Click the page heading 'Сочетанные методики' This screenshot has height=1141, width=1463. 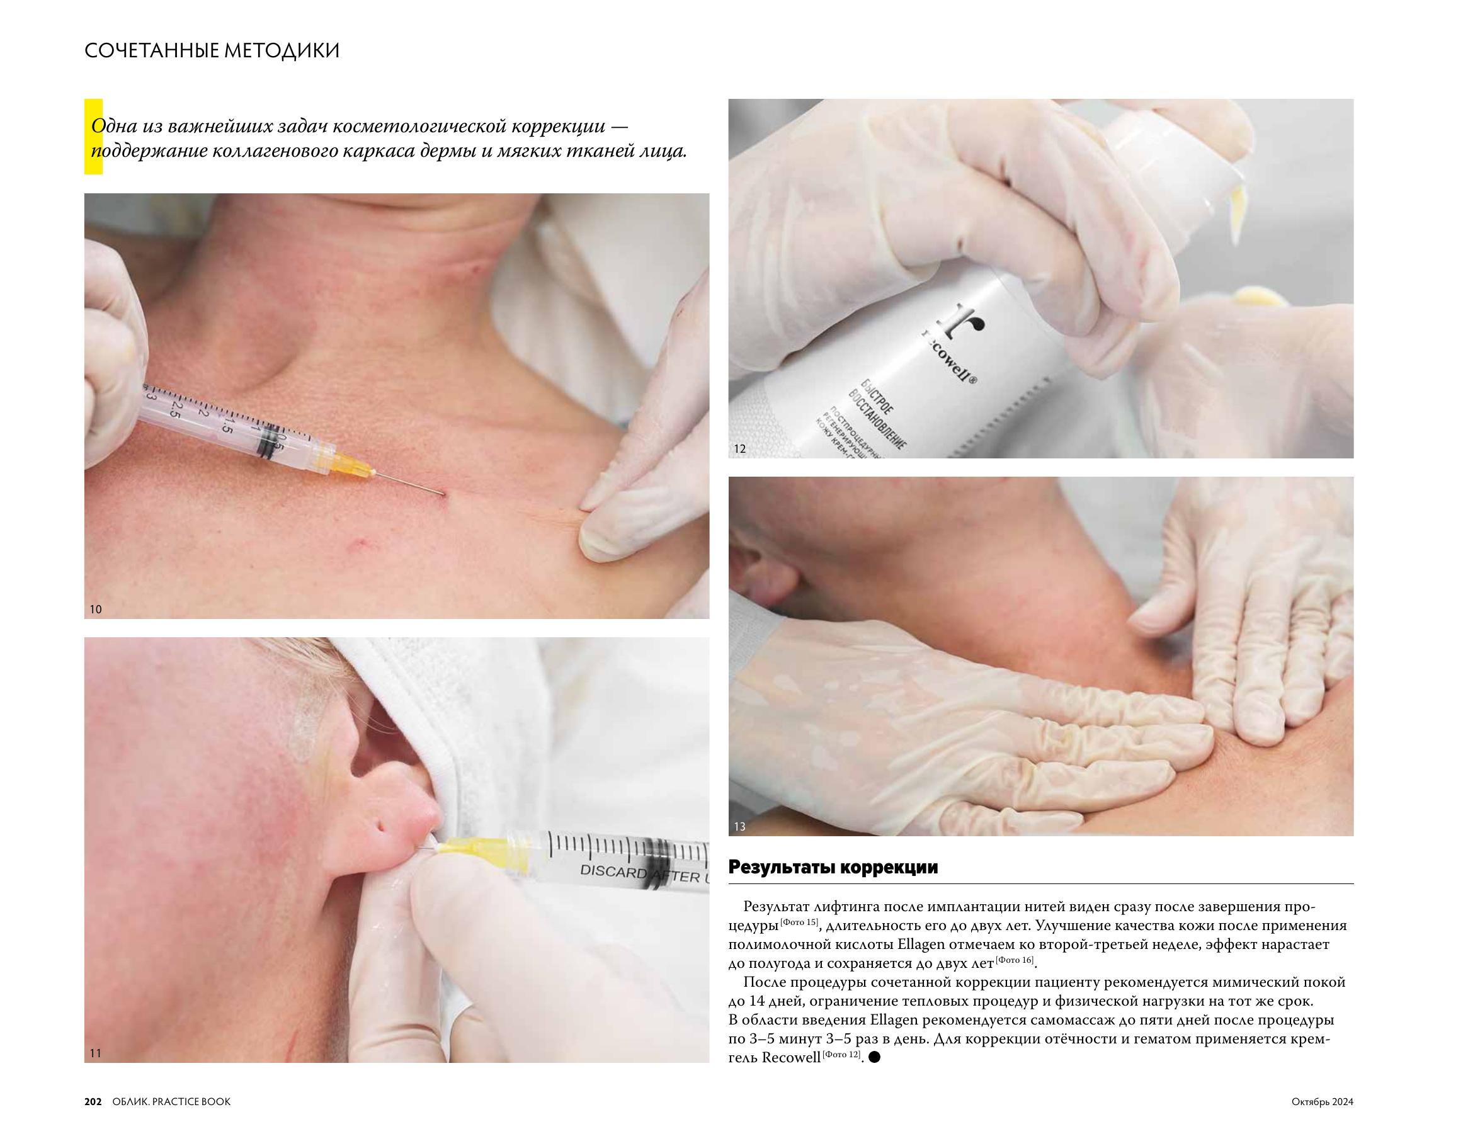click(212, 51)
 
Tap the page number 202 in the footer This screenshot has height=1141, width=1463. click(93, 1101)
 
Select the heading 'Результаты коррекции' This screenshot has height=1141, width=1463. click(833, 868)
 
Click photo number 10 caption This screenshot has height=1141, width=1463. click(96, 610)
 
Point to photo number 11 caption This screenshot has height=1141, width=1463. click(95, 1053)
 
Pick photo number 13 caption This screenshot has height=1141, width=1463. click(739, 826)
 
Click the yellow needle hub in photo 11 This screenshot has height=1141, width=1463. click(470, 846)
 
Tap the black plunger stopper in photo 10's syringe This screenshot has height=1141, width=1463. click(270, 443)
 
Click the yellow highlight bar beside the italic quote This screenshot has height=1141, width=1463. click(93, 137)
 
